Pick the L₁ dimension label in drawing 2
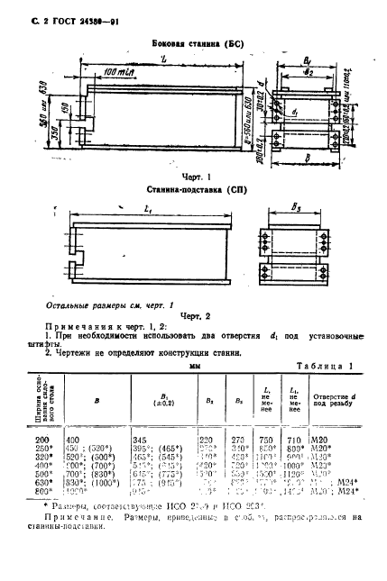[x=146, y=210]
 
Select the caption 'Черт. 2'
[x=194, y=317]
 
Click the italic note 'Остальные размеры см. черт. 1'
[x=101, y=306]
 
